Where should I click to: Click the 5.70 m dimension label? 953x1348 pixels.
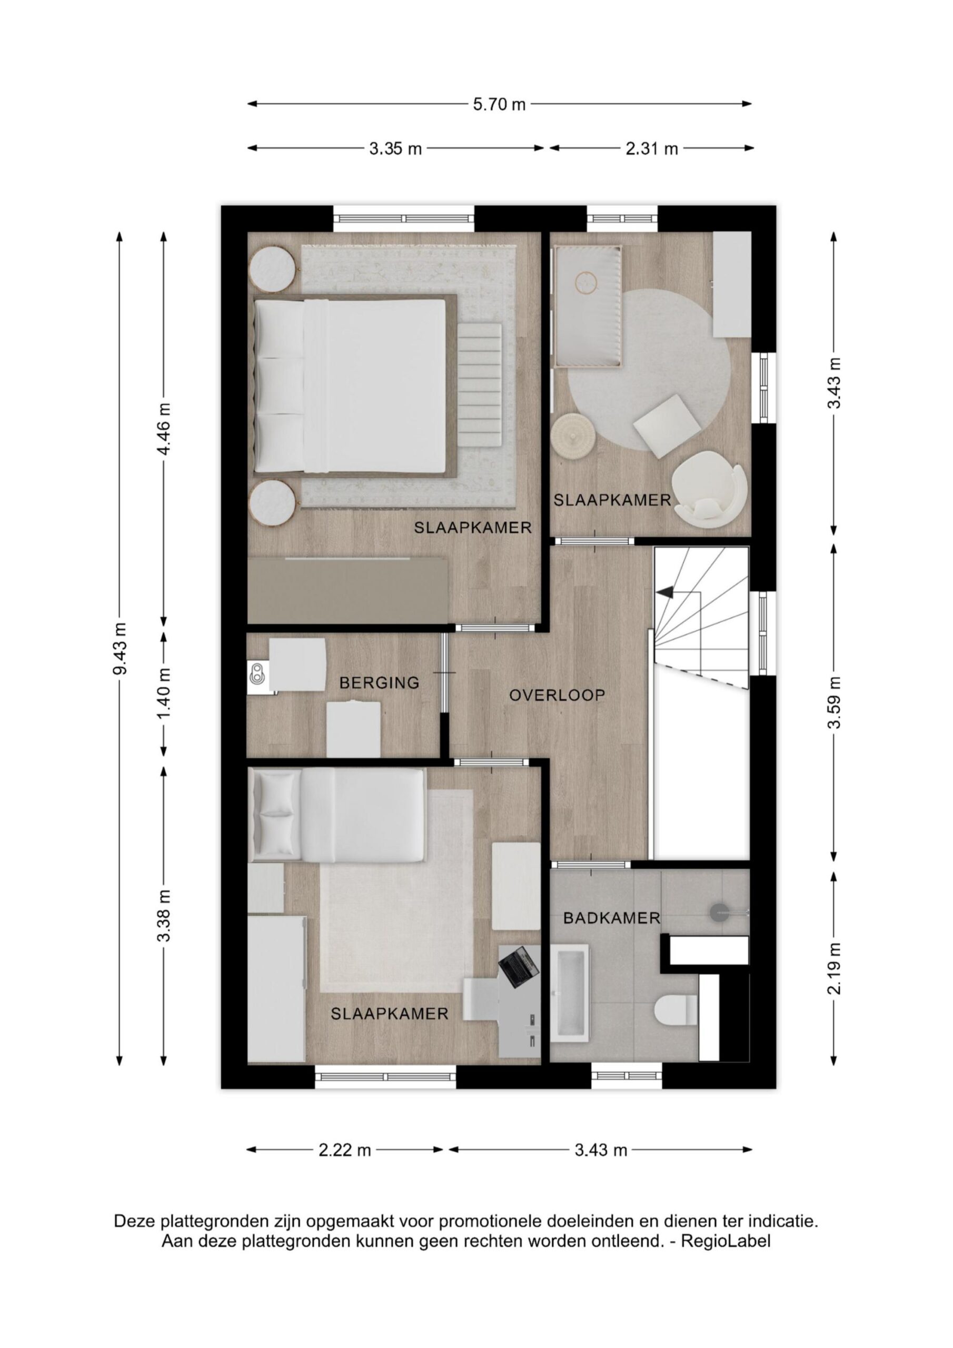pos(499,104)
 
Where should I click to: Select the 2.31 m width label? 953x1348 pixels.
pos(652,149)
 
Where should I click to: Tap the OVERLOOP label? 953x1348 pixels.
pos(557,695)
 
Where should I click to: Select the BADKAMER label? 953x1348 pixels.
pos(612,918)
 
